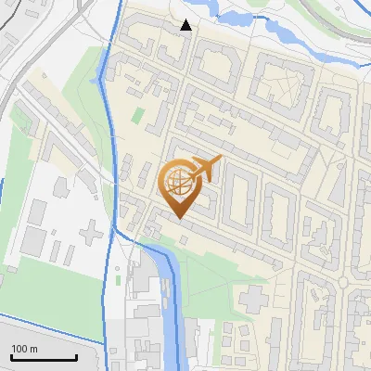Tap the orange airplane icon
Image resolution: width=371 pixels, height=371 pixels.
click(x=205, y=168)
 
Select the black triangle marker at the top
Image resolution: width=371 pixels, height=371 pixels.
click(x=186, y=25)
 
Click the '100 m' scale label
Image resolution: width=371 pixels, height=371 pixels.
click(x=25, y=349)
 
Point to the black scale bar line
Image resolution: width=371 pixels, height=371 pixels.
click(x=44, y=357)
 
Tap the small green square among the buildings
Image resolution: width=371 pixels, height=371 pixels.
click(x=138, y=116)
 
